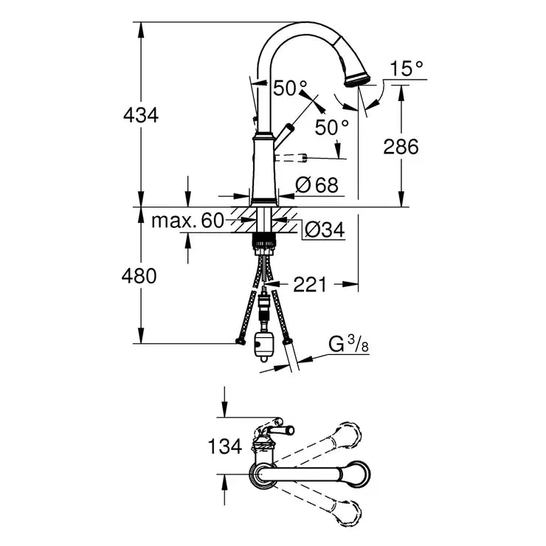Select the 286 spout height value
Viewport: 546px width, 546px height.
401,146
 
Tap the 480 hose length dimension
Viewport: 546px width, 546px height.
140,276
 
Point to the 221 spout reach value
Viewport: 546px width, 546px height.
310,283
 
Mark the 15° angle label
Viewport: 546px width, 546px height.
407,69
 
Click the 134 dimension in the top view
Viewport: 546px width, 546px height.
224,446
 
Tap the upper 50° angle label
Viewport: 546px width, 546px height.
290,89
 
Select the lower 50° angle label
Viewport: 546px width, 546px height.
331,126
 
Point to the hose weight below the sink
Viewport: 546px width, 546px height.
263,344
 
